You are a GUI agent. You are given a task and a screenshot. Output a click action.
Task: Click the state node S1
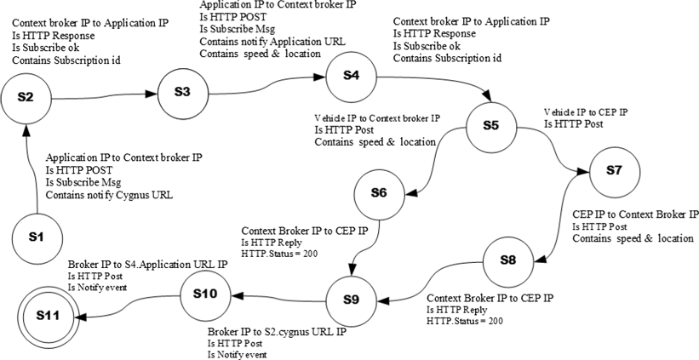(36, 236)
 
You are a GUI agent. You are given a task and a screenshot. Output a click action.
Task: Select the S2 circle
(26, 98)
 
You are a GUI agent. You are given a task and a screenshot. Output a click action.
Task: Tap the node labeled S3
(181, 92)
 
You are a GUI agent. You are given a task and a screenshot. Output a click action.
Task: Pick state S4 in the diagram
(351, 76)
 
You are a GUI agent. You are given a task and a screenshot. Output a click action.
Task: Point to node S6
(380, 193)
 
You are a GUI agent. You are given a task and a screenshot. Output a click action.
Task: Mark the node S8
(507, 260)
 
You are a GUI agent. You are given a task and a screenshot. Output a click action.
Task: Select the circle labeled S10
(205, 294)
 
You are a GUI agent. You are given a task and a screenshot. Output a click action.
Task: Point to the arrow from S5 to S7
(557, 149)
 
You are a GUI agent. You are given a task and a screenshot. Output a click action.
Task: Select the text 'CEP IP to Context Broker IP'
(635, 214)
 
